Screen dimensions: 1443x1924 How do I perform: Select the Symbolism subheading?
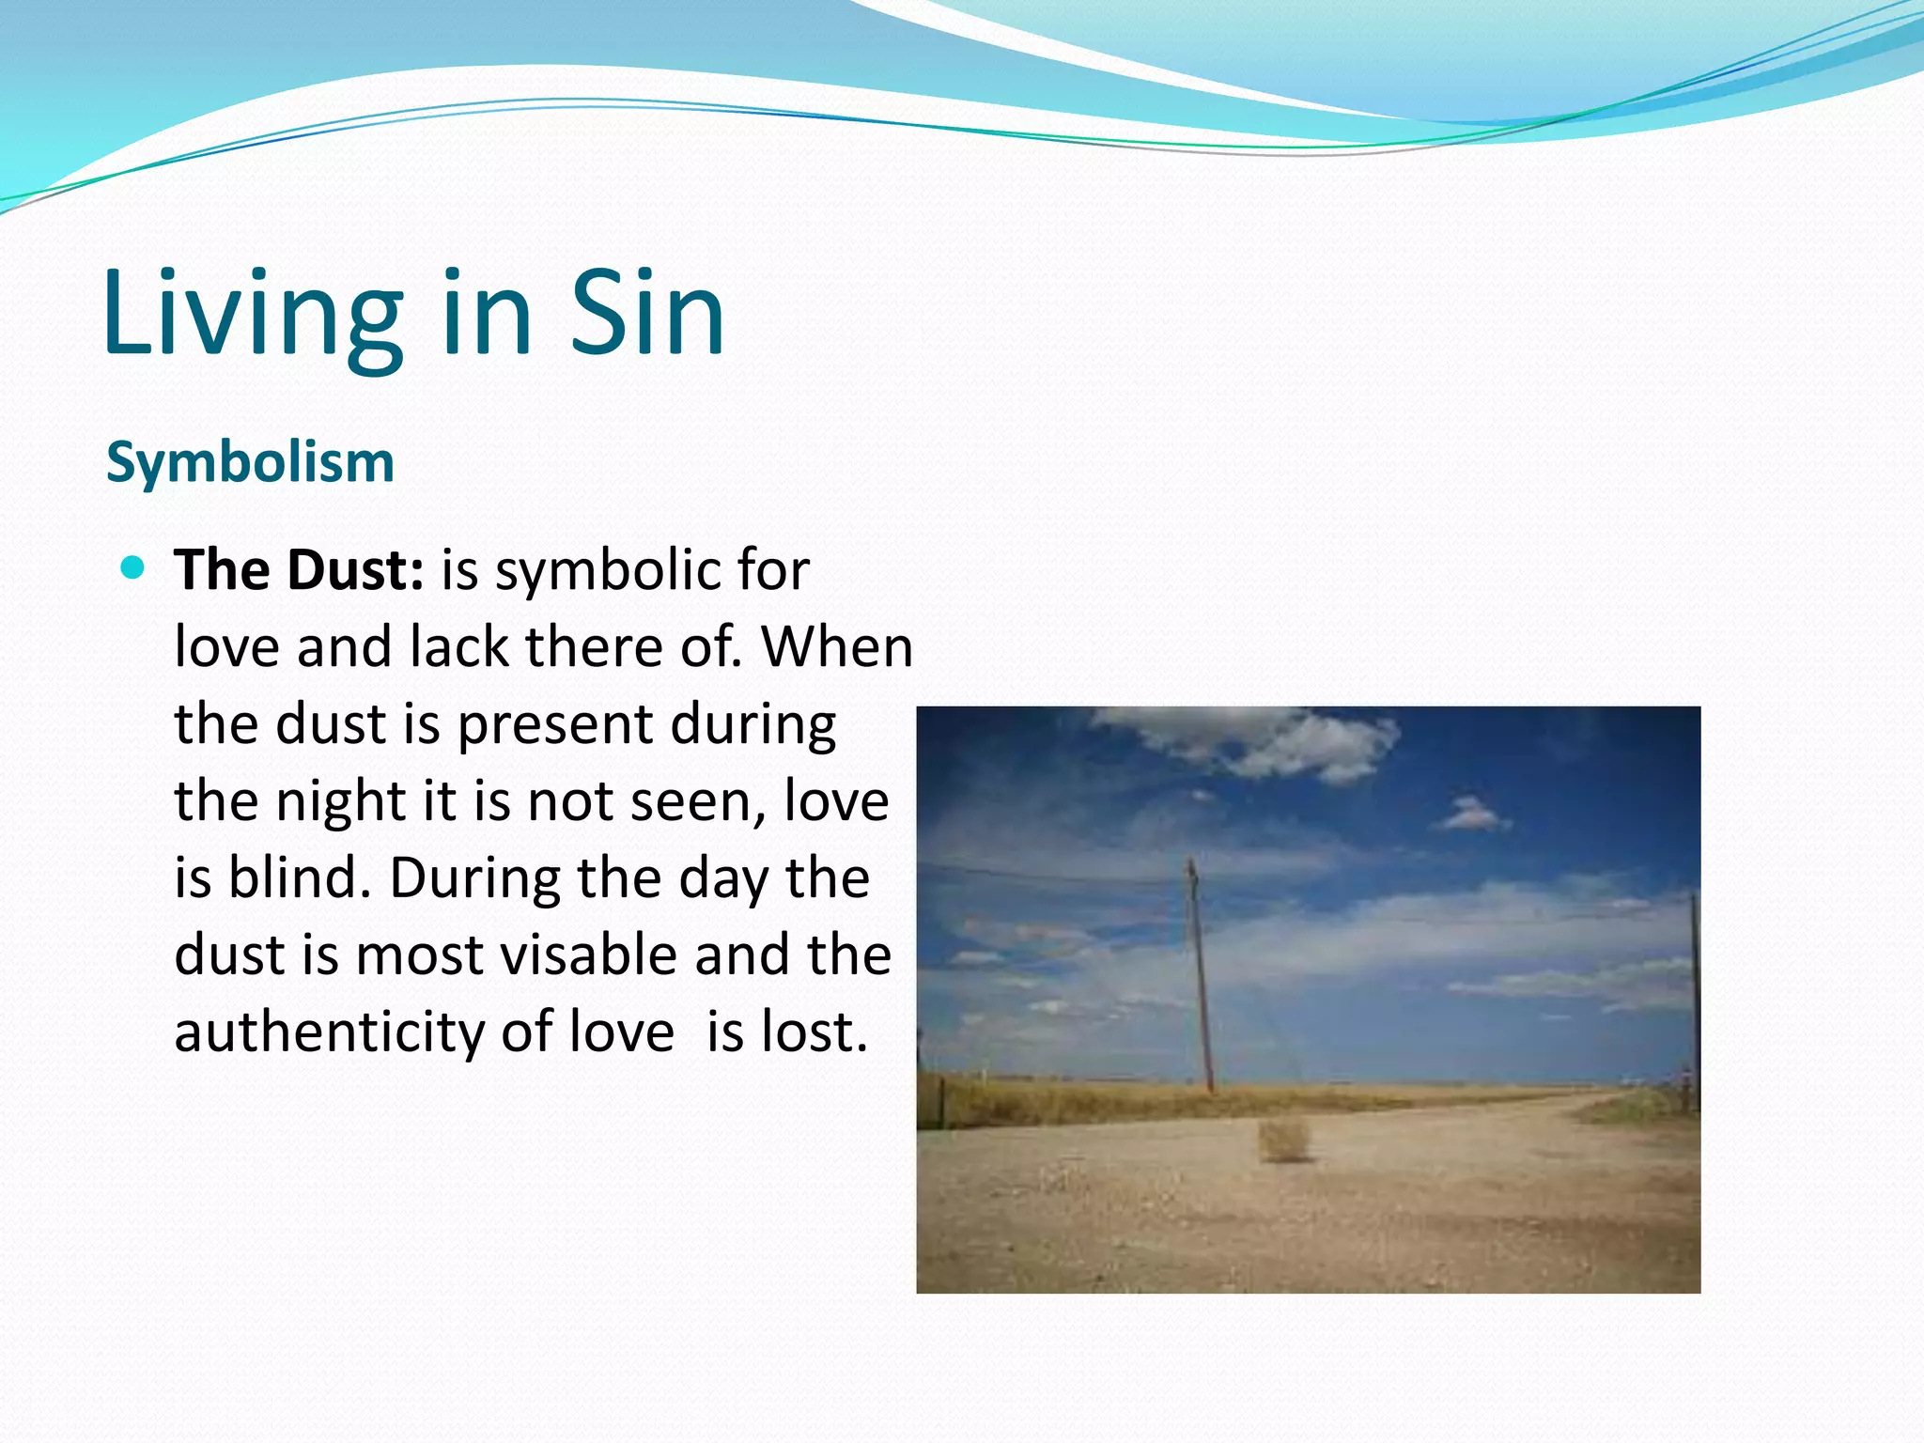[x=250, y=462]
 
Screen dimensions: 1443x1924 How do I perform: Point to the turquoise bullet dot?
[x=133, y=567]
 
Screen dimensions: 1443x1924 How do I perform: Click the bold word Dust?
[x=355, y=569]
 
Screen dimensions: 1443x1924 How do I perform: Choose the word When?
[x=837, y=647]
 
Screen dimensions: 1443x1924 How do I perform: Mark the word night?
[x=341, y=803]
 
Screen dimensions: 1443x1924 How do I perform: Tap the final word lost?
[x=814, y=1032]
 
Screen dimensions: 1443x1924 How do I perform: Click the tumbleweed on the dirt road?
[x=1283, y=1139]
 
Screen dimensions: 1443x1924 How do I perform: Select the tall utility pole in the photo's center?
[x=1200, y=977]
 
